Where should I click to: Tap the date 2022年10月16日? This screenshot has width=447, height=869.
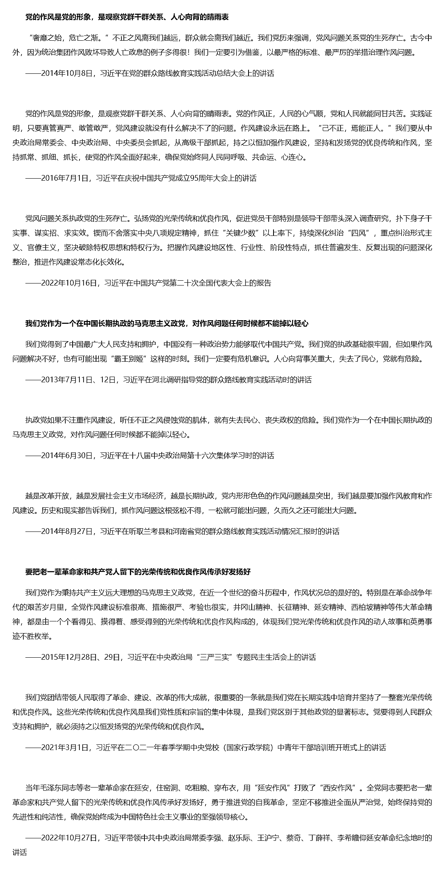click(x=70, y=283)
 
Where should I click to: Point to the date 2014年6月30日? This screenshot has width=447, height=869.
click(x=67, y=456)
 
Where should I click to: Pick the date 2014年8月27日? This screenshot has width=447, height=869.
click(x=67, y=531)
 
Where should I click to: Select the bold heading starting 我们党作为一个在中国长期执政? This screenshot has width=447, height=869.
click(x=167, y=324)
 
